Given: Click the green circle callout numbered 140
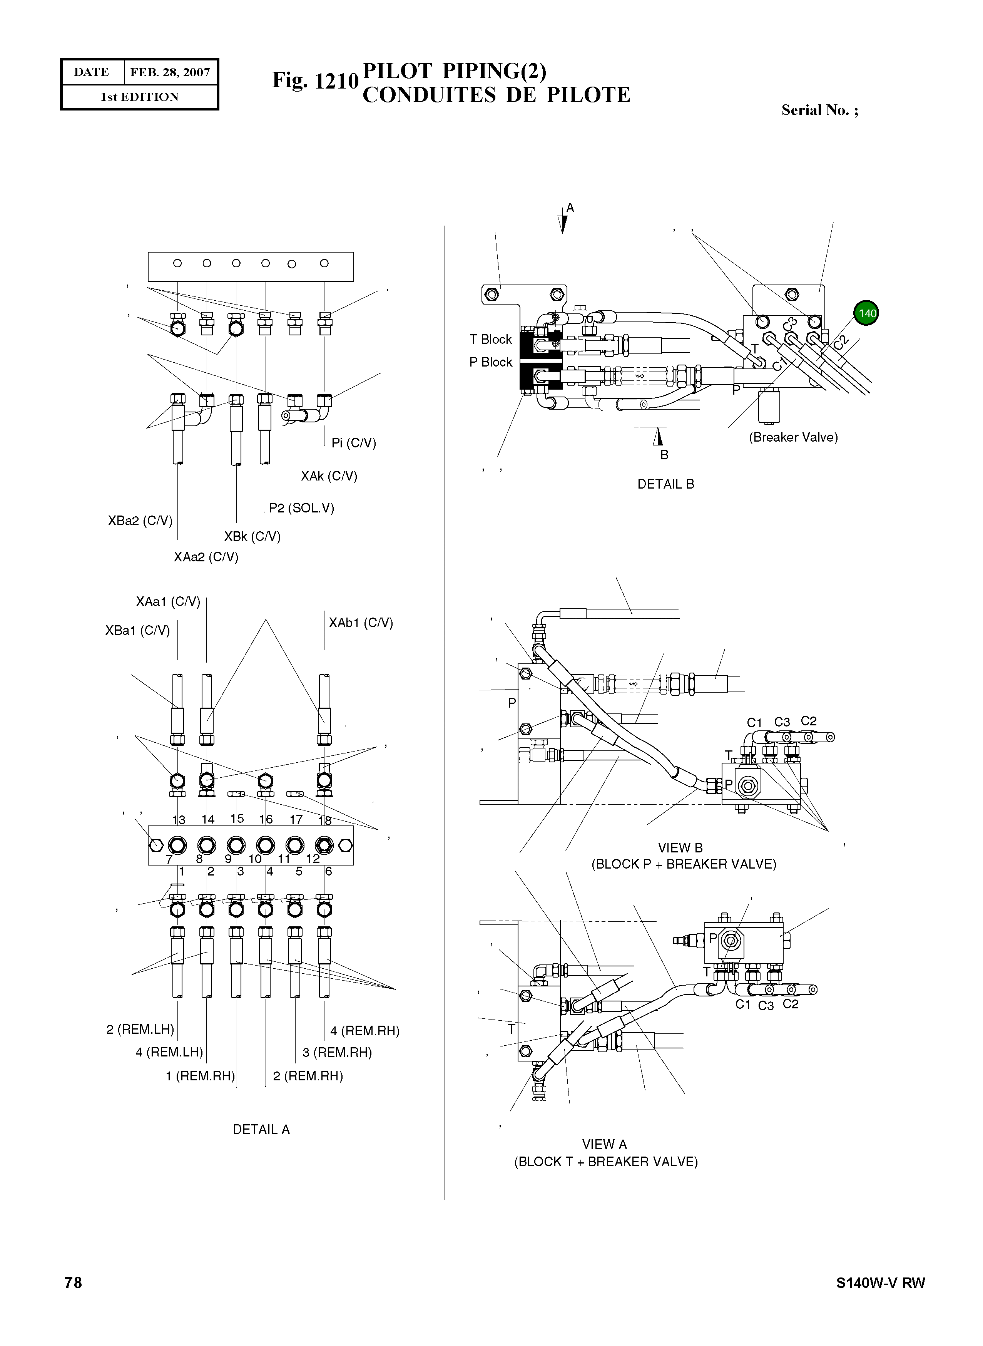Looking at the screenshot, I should (866, 313).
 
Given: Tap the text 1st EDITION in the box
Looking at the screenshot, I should (139, 97).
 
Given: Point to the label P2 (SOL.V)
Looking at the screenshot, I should (301, 508).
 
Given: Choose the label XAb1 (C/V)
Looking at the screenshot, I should (361, 623).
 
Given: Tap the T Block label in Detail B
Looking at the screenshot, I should (490, 339).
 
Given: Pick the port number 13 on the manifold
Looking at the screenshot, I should (179, 820).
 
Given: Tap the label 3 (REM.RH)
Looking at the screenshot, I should (337, 1053).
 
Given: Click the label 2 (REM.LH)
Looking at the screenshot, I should (140, 1029).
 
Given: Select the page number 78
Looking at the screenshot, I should (73, 1282).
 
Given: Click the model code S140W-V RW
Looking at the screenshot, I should (880, 1283).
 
